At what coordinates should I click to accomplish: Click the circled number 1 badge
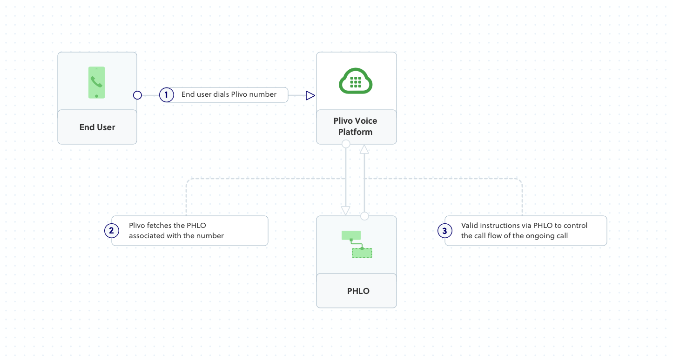tap(166, 95)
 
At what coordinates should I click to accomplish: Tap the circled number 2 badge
tap(112, 230)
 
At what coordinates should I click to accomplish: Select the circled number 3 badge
tap(445, 231)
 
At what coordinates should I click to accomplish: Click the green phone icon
tap(97, 82)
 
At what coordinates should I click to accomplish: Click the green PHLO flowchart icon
tap(357, 244)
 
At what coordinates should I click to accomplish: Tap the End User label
tap(97, 127)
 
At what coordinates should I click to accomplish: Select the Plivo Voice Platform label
tap(356, 126)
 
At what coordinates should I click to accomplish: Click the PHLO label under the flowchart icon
tap(358, 291)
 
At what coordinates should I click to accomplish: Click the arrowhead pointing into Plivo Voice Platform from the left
tap(310, 95)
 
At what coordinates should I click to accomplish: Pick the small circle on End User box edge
tap(137, 95)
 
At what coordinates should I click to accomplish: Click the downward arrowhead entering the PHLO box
tap(346, 210)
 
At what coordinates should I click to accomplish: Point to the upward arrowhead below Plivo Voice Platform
tap(364, 149)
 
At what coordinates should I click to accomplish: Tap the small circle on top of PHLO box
tap(364, 216)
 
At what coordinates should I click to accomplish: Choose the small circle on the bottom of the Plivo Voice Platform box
tap(346, 144)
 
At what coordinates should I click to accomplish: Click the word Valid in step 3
tap(470, 226)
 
